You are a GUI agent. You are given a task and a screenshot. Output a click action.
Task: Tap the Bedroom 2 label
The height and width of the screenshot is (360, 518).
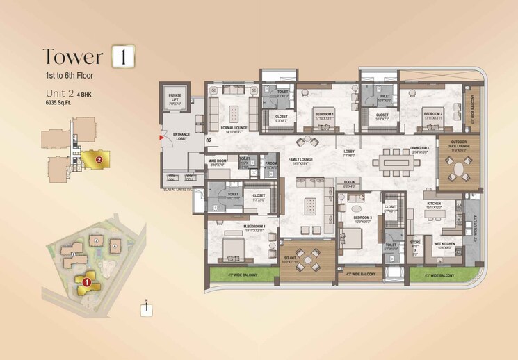click(x=432, y=114)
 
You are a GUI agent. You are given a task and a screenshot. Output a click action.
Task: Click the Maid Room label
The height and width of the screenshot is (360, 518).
click(x=217, y=163)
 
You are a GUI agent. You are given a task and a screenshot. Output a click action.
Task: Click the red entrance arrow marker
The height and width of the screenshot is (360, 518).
click(x=162, y=138)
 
